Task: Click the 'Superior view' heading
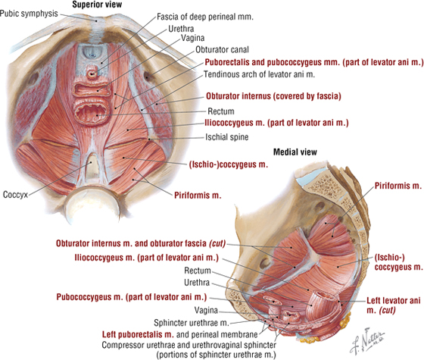97,5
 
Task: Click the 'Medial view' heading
295,152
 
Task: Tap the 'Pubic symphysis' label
29,14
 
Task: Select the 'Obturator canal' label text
222,49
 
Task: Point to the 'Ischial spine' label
227,137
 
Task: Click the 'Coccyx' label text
15,195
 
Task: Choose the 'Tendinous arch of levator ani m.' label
259,74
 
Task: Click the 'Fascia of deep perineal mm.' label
205,17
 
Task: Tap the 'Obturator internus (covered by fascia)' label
273,96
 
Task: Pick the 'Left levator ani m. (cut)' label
394,305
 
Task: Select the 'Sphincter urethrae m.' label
192,323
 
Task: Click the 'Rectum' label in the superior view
221,111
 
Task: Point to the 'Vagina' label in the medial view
206,310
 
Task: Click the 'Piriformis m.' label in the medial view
398,186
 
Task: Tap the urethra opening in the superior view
92,74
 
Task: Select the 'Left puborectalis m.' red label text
138,334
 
